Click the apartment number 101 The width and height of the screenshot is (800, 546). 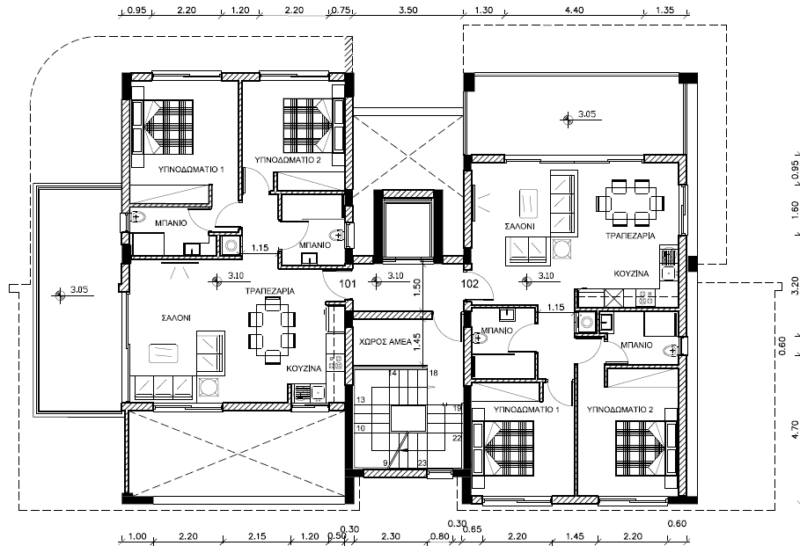[348, 283]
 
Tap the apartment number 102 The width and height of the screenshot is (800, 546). [469, 283]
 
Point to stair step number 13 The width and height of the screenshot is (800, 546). [361, 400]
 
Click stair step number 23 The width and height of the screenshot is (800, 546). [422, 462]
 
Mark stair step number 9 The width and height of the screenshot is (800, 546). [385, 462]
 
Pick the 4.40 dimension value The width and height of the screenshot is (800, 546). [575, 10]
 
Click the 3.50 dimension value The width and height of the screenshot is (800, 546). [408, 10]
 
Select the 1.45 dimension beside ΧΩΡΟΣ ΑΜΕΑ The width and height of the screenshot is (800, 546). [417, 343]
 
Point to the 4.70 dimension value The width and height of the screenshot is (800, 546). [795, 429]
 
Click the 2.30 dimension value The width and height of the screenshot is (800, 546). [391, 536]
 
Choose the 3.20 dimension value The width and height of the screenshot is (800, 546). [795, 286]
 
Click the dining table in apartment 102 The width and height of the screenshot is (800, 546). [630, 202]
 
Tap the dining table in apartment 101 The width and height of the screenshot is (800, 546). [272, 331]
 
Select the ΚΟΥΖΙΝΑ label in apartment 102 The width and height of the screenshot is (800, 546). [631, 273]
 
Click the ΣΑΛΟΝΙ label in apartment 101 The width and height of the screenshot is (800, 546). [176, 318]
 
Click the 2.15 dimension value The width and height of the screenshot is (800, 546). [257, 536]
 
